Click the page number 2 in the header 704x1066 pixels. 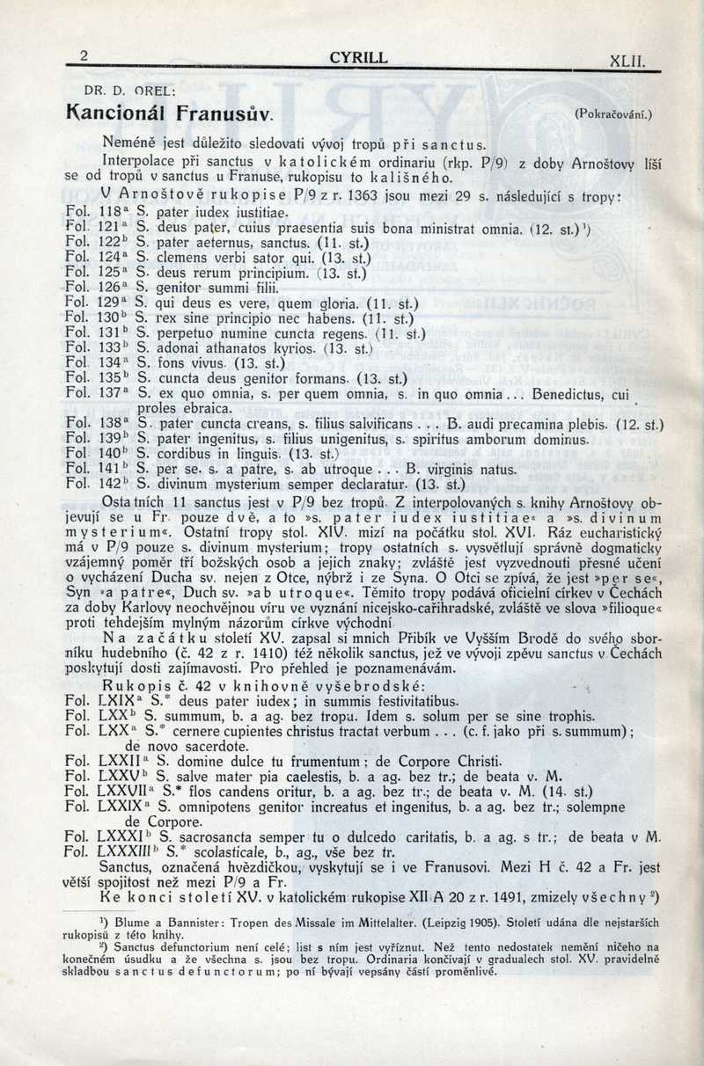(x=84, y=56)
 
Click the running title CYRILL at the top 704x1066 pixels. (x=357, y=58)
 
